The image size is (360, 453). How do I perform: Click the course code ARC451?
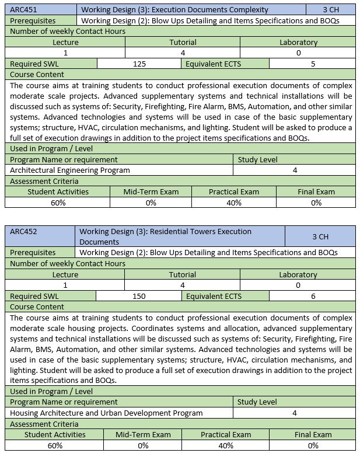point(23,9)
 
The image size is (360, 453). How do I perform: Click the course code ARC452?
point(23,232)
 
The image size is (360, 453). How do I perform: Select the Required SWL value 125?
point(139,64)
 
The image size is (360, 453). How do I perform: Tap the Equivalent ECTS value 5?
point(313,64)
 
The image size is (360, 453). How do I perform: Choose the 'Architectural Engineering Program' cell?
point(70,170)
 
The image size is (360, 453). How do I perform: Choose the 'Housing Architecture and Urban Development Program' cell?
point(106,413)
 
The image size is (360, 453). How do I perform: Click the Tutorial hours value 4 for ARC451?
point(183,53)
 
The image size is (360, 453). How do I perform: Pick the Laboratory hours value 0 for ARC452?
point(298,285)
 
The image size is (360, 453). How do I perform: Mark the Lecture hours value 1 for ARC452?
point(65,285)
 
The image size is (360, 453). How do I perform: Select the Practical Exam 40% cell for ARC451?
point(233,203)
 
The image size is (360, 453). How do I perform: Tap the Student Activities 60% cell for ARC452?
point(55,445)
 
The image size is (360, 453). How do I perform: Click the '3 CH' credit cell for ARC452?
point(320,236)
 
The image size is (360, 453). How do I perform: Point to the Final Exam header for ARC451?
point(316,191)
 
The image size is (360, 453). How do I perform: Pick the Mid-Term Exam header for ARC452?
point(143,434)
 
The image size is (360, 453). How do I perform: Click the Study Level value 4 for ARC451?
point(295,170)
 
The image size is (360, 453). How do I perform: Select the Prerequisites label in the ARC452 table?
point(33,252)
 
